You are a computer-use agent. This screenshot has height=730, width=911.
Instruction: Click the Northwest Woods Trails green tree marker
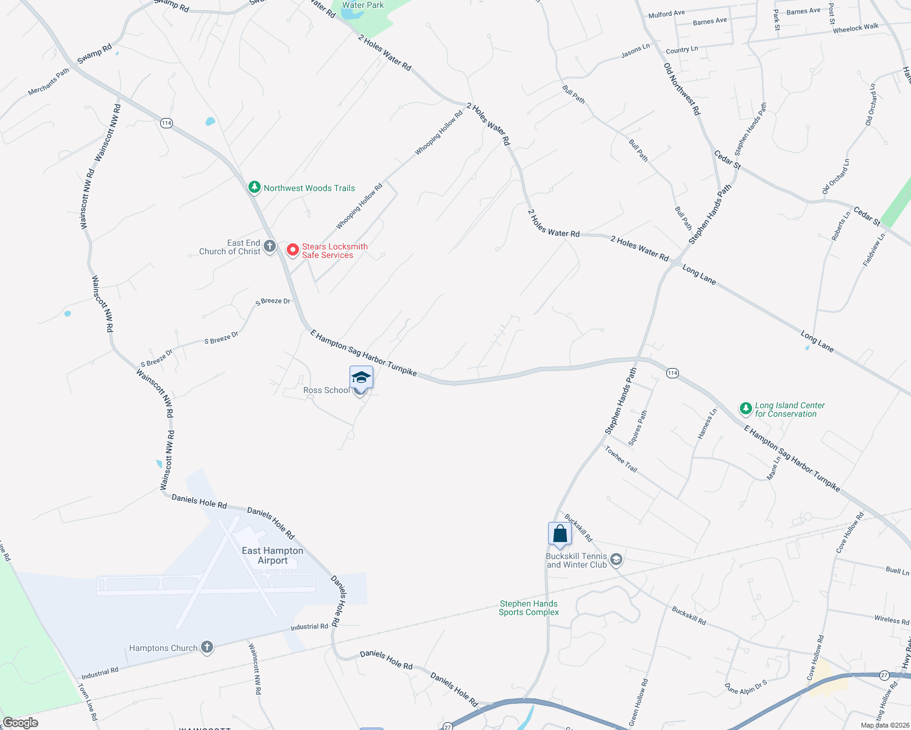[255, 187]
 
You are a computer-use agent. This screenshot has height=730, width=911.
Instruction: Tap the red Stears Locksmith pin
[293, 249]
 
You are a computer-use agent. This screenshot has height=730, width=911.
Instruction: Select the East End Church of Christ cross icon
[270, 246]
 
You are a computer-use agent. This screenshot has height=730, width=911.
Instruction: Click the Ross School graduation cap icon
[361, 377]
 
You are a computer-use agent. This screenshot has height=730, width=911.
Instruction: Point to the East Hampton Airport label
[272, 555]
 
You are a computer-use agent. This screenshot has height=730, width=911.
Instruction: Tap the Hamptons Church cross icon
[207, 647]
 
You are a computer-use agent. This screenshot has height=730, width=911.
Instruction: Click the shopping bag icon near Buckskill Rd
[560, 534]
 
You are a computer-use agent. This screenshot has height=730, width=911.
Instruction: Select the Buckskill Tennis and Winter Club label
[576, 560]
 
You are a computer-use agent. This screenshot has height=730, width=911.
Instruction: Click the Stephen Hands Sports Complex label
[529, 608]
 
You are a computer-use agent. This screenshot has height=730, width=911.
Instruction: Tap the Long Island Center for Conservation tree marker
[746, 409]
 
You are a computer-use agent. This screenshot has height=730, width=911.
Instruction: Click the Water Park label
[363, 5]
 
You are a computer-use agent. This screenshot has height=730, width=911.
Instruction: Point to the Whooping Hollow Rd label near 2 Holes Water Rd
[439, 132]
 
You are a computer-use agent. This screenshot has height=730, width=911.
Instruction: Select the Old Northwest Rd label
[682, 89]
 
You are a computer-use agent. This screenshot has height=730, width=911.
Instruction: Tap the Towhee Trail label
[621, 459]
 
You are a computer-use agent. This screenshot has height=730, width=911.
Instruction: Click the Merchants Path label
[49, 82]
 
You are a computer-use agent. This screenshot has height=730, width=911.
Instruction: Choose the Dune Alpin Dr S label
[746, 687]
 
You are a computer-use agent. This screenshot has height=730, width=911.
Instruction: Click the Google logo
[21, 723]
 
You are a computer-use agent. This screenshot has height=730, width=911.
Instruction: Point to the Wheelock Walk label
[856, 28]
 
